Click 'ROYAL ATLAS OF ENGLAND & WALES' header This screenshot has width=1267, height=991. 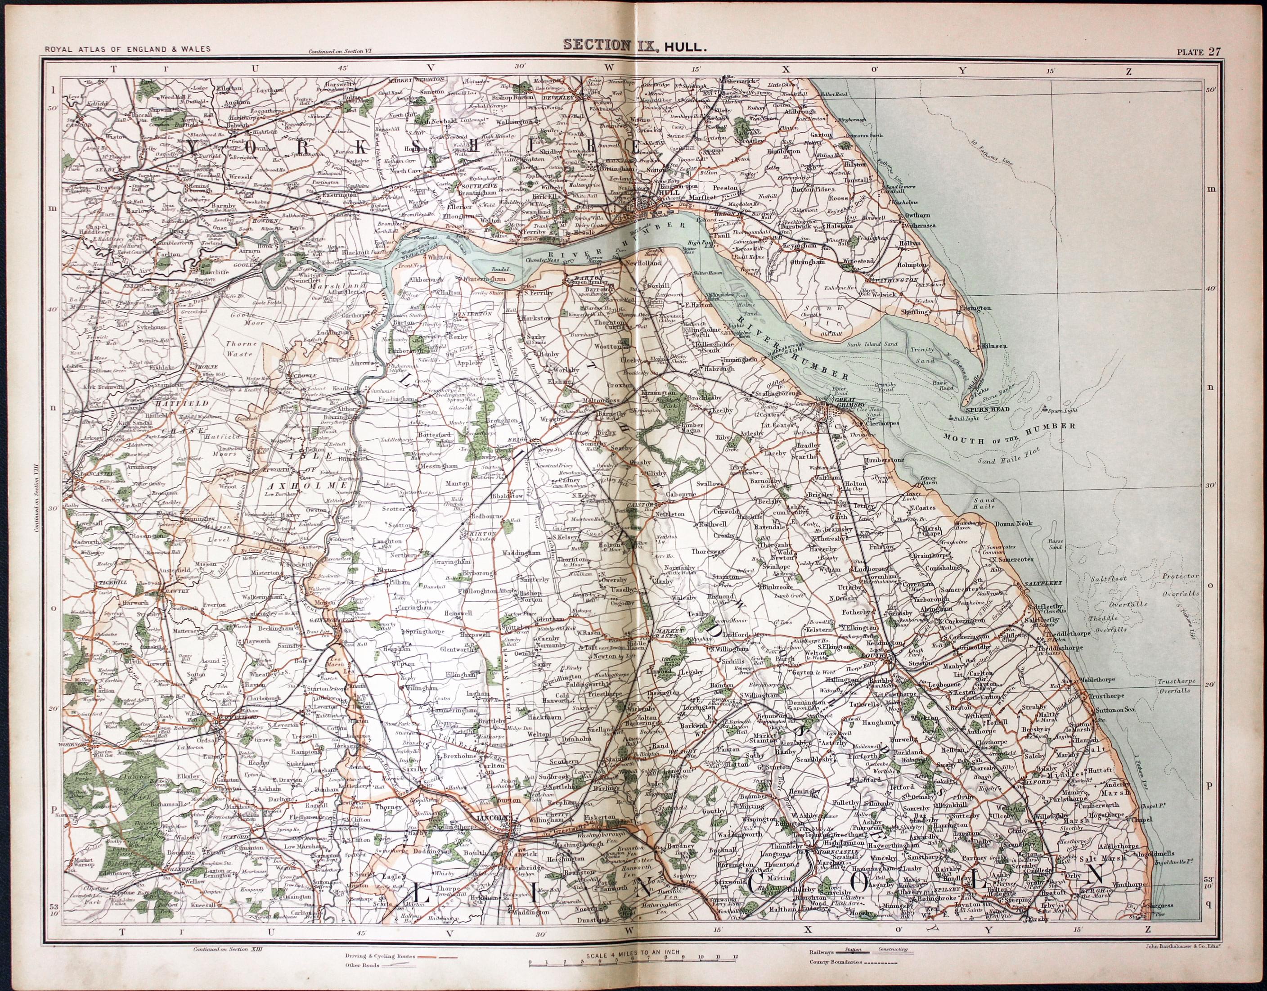(x=128, y=50)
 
